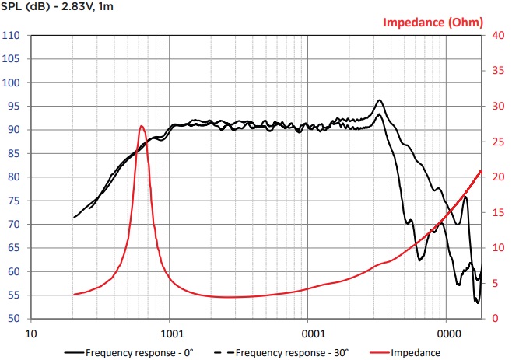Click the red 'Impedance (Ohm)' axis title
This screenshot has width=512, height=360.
click(433, 23)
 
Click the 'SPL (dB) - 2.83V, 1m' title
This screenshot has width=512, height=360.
click(57, 6)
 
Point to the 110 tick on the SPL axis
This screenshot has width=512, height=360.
click(11, 35)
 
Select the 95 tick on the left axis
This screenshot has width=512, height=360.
click(13, 106)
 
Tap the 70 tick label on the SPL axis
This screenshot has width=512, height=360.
click(13, 224)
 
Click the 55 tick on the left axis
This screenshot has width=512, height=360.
click(13, 295)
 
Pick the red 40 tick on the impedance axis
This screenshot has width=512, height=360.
click(498, 35)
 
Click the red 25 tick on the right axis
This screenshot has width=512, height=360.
click(498, 142)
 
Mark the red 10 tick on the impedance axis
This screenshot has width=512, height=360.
click(498, 248)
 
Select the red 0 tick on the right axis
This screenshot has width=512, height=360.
click(496, 318)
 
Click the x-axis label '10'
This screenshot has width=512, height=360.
click(31, 334)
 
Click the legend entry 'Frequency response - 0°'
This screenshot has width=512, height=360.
click(129, 353)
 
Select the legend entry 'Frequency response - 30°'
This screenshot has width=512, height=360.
click(282, 353)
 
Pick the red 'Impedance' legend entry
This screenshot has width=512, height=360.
click(405, 353)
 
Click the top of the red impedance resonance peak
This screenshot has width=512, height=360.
click(142, 126)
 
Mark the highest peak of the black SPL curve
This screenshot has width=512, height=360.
click(379, 100)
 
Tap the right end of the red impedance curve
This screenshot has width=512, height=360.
click(481, 171)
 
